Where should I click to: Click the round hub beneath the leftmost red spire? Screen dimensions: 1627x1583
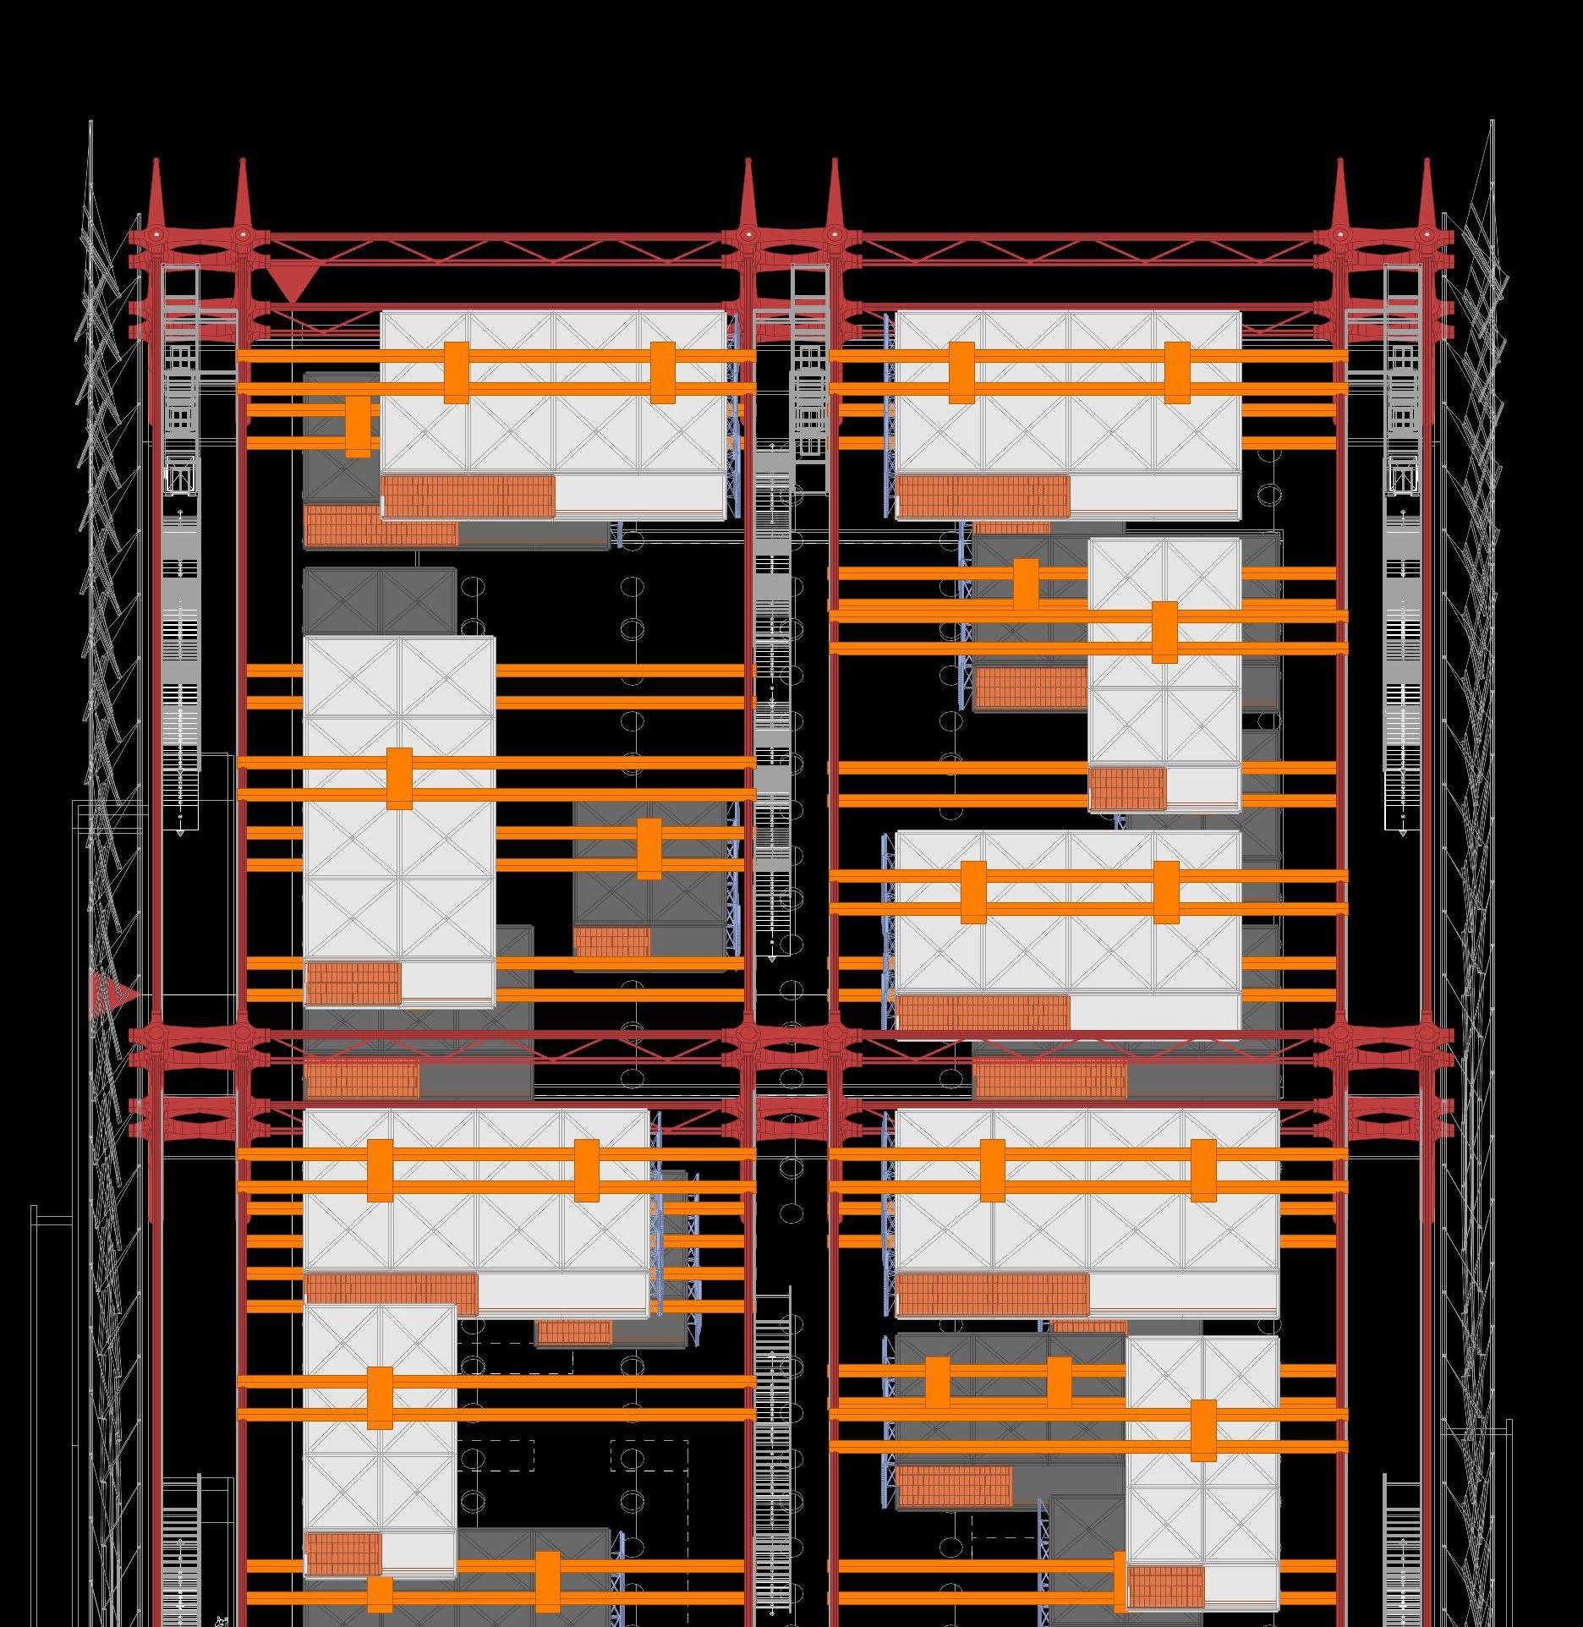[x=156, y=233]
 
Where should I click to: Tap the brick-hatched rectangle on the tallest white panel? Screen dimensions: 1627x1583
[x=353, y=983]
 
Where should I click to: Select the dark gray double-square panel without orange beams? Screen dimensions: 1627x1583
[x=380, y=600]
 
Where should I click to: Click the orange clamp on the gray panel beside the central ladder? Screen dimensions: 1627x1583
[x=649, y=848]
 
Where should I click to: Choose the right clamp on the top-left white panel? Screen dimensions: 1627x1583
[x=663, y=372]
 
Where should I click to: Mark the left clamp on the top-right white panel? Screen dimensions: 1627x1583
[x=961, y=372]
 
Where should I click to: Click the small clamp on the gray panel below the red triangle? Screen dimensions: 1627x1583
[x=358, y=426]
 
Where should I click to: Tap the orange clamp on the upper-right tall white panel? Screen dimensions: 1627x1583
[x=1164, y=632]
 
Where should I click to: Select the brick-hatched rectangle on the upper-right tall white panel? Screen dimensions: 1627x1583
[x=1127, y=788]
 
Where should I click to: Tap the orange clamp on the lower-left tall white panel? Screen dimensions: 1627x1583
[x=380, y=1398]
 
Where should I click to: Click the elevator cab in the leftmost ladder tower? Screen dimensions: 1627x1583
[x=179, y=474]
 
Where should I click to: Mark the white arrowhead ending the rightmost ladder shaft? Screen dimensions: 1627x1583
[x=1403, y=833]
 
